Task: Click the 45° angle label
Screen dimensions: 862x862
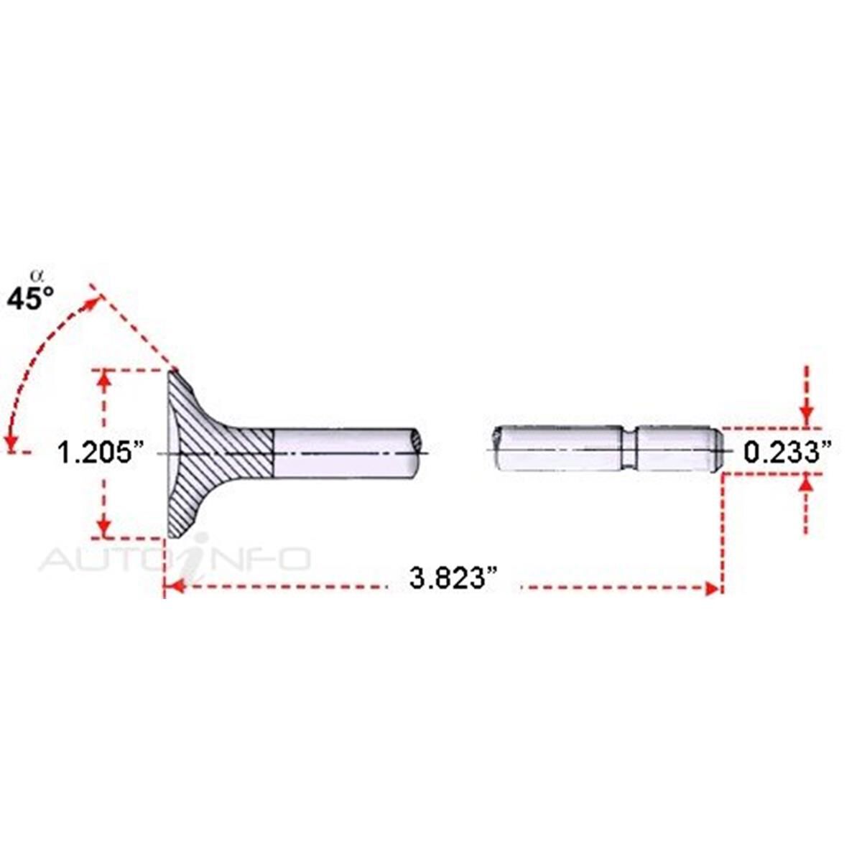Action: click(x=30, y=298)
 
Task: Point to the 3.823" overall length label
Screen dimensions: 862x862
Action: click(x=453, y=579)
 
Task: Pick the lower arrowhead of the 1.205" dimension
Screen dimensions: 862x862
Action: click(x=103, y=527)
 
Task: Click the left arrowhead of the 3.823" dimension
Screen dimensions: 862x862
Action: click(x=177, y=586)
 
